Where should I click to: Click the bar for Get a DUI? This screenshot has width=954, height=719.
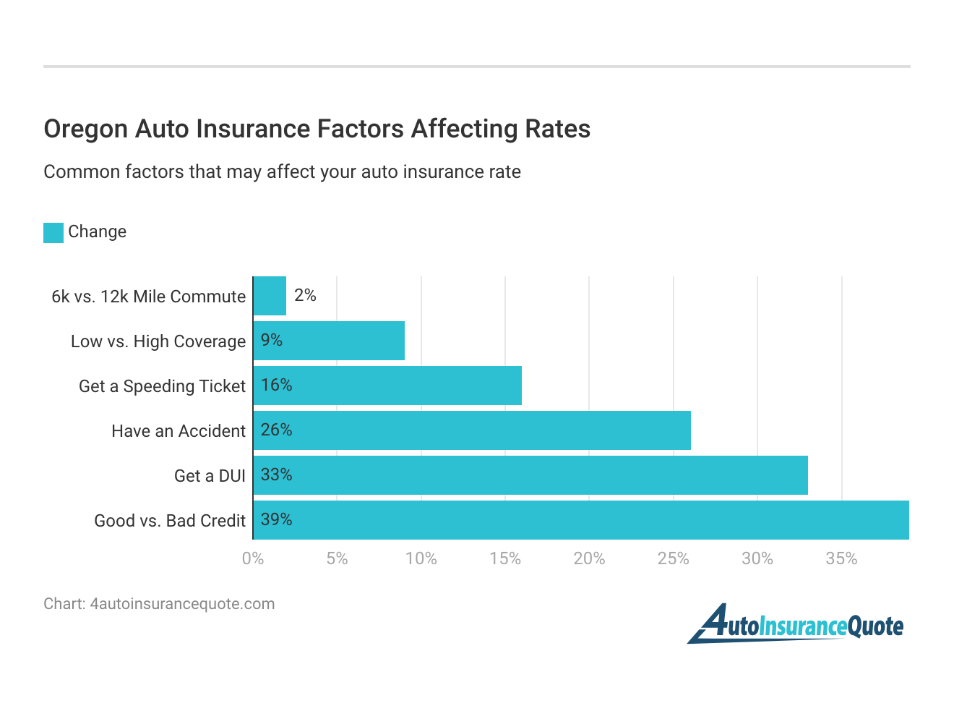click(x=530, y=475)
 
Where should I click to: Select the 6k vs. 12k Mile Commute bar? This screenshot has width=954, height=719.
click(x=270, y=296)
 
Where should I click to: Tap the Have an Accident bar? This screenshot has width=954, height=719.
click(x=472, y=430)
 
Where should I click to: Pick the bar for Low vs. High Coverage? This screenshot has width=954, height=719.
click(x=329, y=341)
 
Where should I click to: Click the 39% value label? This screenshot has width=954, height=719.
click(x=276, y=519)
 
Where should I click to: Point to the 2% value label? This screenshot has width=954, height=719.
click(x=305, y=295)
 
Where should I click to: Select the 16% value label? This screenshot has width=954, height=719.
click(x=276, y=385)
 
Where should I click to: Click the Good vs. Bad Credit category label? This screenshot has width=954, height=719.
click(x=170, y=521)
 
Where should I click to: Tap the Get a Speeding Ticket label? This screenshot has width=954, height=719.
click(x=162, y=386)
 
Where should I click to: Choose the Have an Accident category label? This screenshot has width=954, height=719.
click(x=179, y=431)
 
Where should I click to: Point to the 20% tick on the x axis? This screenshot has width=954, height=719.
click(x=589, y=558)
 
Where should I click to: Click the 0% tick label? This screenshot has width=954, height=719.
click(x=253, y=558)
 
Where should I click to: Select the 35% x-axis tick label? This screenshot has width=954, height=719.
click(x=841, y=558)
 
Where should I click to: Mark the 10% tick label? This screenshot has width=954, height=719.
click(x=421, y=558)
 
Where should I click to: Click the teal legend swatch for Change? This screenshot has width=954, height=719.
click(x=53, y=232)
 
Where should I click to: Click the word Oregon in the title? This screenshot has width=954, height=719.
click(x=85, y=129)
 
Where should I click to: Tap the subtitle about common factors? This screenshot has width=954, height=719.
click(x=282, y=172)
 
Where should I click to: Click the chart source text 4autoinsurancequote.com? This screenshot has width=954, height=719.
click(x=182, y=604)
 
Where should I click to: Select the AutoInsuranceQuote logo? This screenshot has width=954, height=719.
click(x=795, y=624)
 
